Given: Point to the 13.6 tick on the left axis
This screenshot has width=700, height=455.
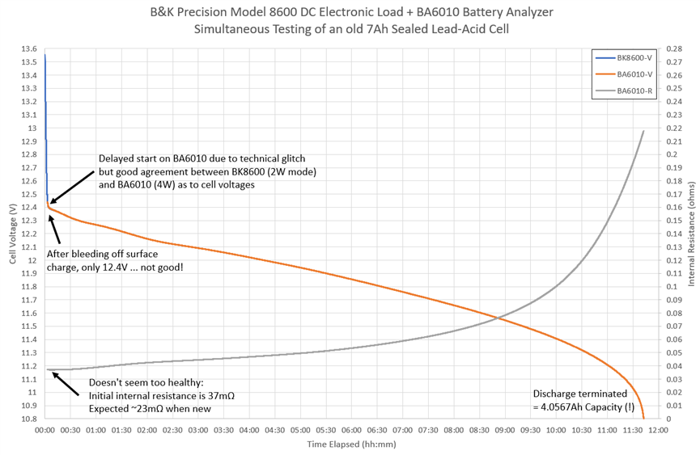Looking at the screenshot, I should coord(28,49).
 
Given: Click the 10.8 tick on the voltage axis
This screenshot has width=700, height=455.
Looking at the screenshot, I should coord(28,419).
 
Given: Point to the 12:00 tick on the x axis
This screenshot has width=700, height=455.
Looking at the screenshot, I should coord(657,430).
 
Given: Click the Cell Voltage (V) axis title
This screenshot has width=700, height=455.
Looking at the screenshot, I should coord(12,234).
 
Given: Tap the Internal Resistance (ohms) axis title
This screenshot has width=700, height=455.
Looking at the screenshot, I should coord(691,234).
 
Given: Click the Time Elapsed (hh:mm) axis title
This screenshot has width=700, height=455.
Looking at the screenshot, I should coord(351,444).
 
